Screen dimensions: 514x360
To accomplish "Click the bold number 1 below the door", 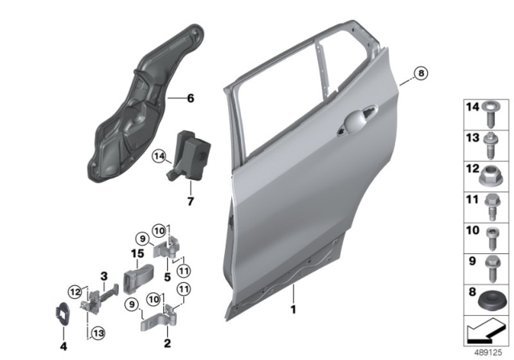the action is pyautogui.click(x=293, y=309).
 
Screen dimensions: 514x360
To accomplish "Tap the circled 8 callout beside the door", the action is pyautogui.click(x=421, y=73).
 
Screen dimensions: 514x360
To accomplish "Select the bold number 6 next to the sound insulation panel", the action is pyautogui.click(x=190, y=98).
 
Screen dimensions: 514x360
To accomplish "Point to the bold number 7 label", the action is pyautogui.click(x=190, y=201).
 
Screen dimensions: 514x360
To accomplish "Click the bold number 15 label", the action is pyautogui.click(x=137, y=253).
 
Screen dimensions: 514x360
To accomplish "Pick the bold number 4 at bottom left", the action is pyautogui.click(x=63, y=346).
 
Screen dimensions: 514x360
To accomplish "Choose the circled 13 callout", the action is pyautogui.click(x=98, y=333).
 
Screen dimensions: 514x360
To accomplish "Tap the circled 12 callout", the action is pyautogui.click(x=75, y=292).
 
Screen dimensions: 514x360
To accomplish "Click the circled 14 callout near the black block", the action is pyautogui.click(x=159, y=157).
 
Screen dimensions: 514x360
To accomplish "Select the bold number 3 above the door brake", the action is pyautogui.click(x=104, y=276).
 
